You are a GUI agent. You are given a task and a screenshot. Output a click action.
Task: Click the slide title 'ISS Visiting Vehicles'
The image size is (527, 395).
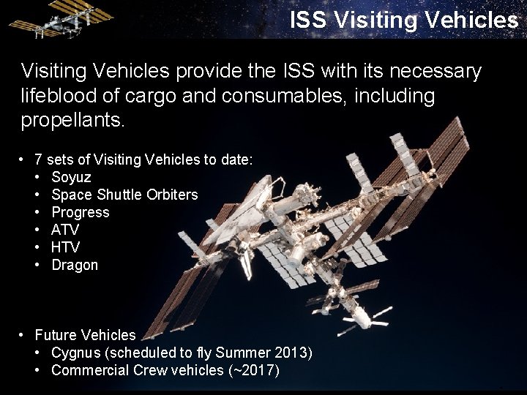pyautogui.click(x=403, y=20)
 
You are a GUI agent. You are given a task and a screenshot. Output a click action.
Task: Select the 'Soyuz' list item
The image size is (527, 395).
pyautogui.click(x=71, y=177)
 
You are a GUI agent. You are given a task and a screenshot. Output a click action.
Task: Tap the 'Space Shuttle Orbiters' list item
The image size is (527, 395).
pyautogui.click(x=124, y=195)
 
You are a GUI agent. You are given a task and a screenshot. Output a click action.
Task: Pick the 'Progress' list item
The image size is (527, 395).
pyautogui.click(x=80, y=212)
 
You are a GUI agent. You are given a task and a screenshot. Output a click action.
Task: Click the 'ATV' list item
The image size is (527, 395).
pyautogui.click(x=65, y=230)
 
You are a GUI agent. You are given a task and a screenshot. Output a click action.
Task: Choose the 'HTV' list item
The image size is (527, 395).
pyautogui.click(x=65, y=247)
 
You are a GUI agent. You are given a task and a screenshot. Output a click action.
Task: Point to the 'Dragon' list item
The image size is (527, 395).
pyautogui.click(x=75, y=265)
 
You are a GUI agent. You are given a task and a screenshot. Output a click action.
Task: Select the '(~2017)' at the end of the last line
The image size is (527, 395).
pyautogui.click(x=254, y=371)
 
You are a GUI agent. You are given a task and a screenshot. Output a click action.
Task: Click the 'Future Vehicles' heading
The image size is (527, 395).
pyautogui.click(x=85, y=335)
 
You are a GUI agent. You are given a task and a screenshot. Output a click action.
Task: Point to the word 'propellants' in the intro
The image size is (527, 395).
pyautogui.click(x=71, y=120)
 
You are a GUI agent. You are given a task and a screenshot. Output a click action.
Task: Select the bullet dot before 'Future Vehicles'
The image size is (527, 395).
pyautogui.click(x=23, y=335)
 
